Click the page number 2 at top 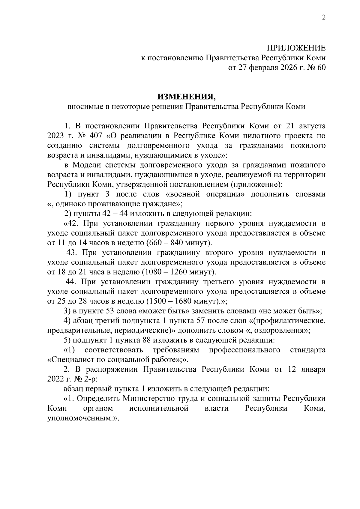click(323, 17)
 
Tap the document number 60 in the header click(321, 68)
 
